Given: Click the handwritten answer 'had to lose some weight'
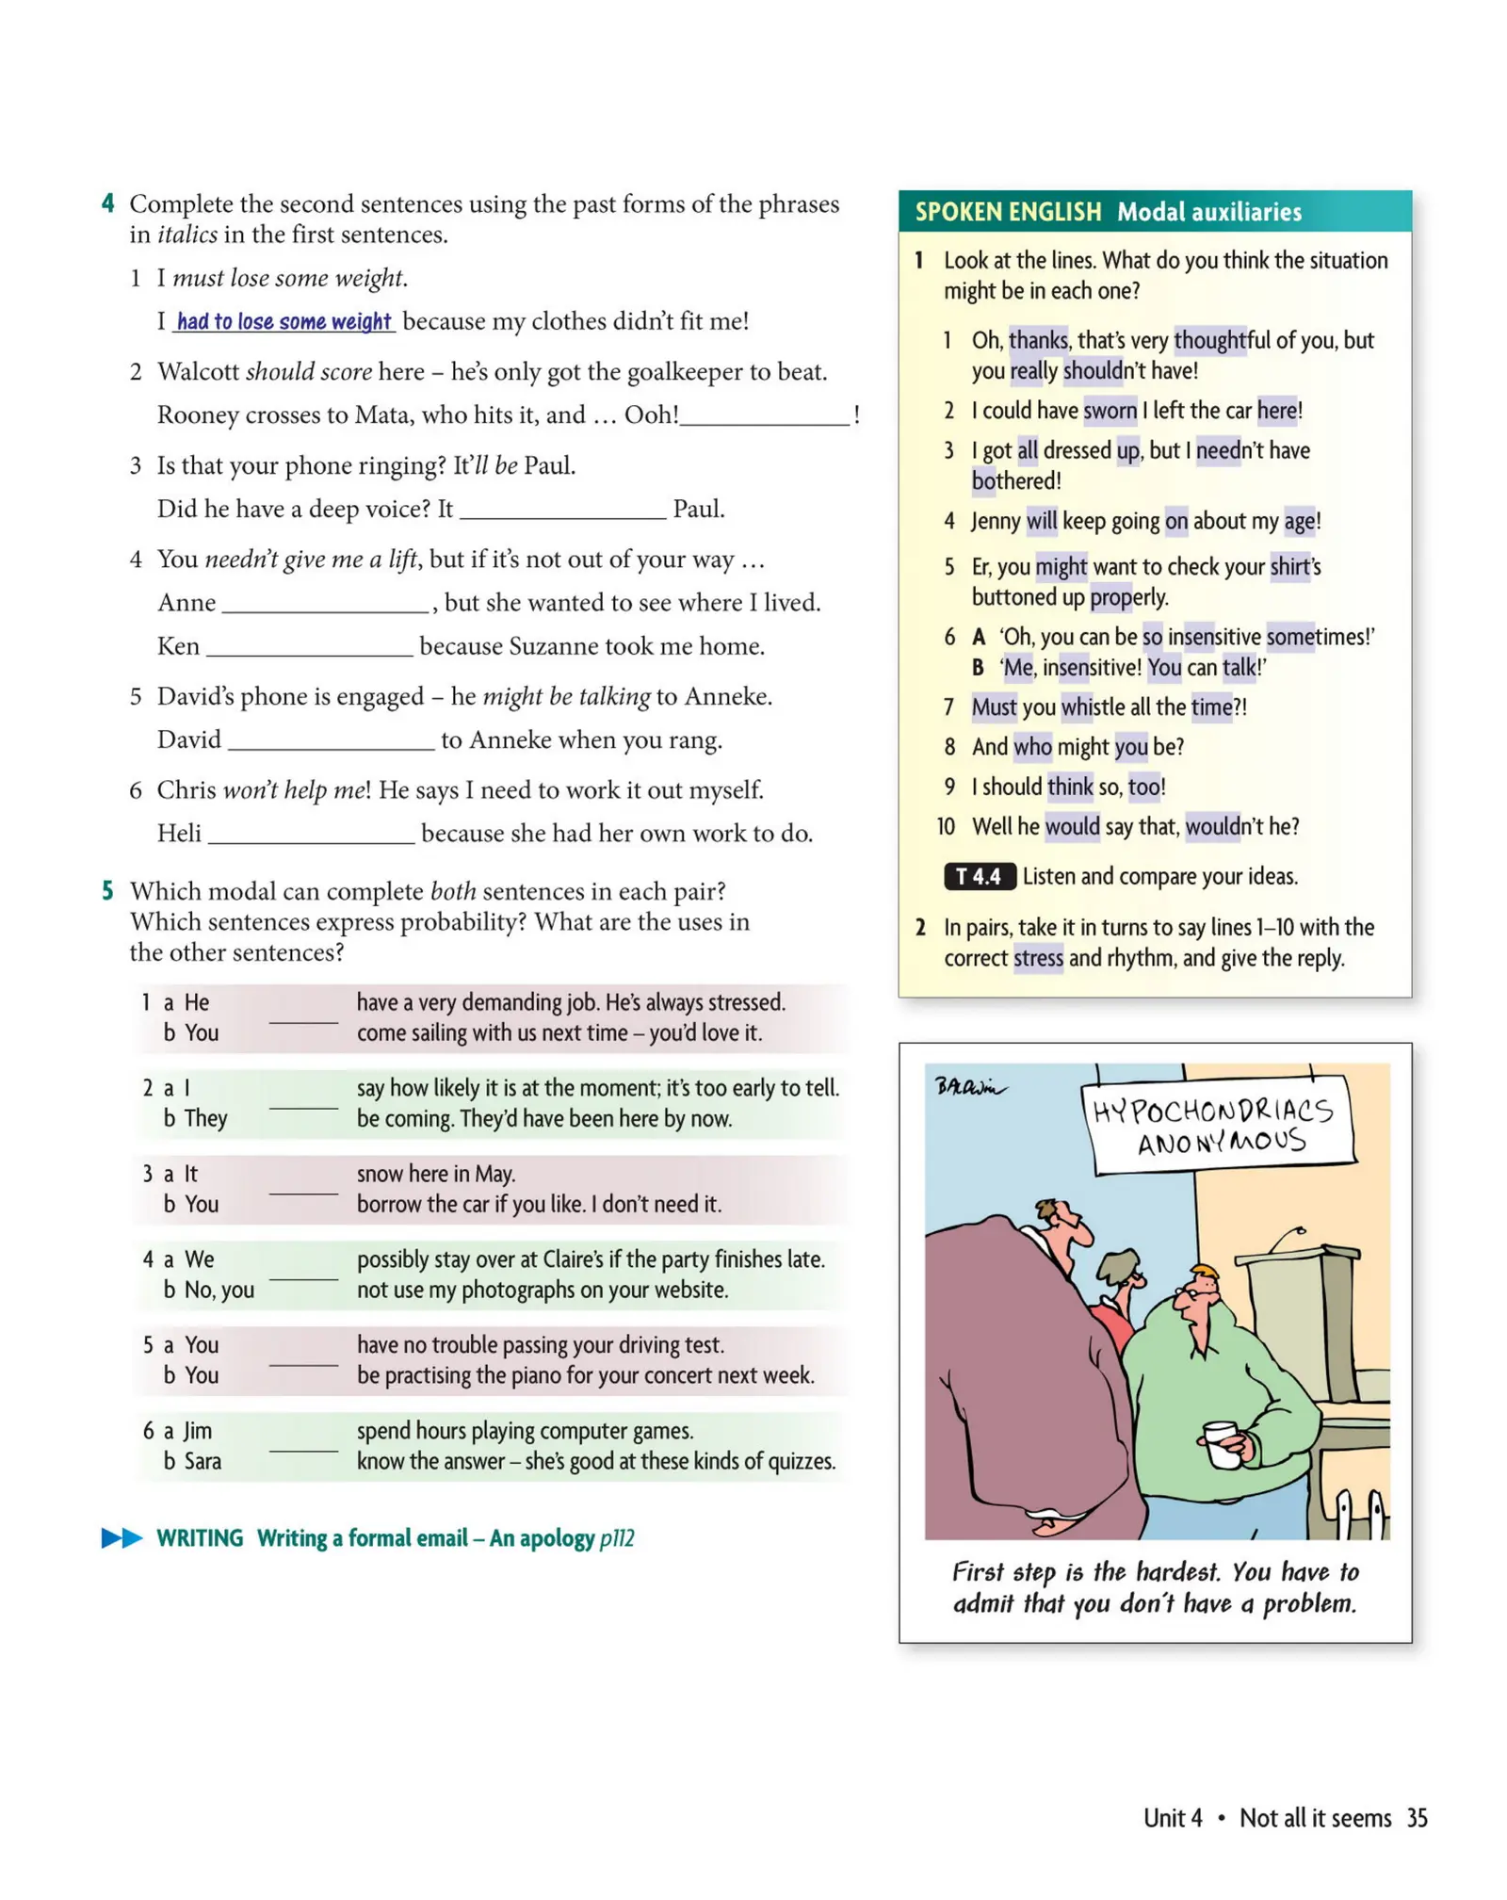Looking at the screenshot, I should tap(283, 322).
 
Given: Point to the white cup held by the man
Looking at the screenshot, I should tap(1222, 1443).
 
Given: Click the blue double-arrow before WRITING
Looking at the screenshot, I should tap(121, 1537).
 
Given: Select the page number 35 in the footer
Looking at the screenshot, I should tap(1416, 1817).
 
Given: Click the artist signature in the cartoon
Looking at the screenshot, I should tap(967, 1086).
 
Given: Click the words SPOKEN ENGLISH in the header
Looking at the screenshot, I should tap(1007, 212).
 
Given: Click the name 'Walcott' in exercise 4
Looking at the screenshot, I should tap(198, 372).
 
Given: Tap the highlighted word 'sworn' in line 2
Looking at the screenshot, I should tap(1109, 411).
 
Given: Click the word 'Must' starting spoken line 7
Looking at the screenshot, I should tap(993, 707).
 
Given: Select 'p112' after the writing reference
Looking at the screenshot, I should tap(616, 1538).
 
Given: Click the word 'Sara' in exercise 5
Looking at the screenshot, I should tap(203, 1461).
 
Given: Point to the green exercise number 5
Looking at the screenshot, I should tap(107, 891).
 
